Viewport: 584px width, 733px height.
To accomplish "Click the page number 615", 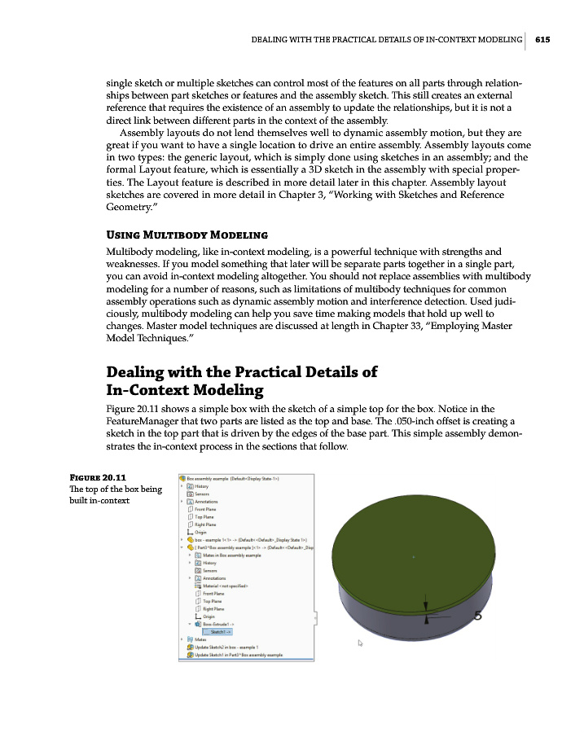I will point(543,38).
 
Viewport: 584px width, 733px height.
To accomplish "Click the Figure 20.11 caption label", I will point(90,476).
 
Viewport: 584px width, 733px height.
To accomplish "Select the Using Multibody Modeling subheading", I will point(176,235).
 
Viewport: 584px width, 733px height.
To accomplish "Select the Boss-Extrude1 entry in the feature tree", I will point(217,624).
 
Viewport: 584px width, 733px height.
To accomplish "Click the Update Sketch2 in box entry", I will point(235,647).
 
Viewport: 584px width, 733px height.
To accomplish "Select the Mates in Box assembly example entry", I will point(231,555).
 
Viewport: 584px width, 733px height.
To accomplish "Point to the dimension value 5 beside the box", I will point(478,617).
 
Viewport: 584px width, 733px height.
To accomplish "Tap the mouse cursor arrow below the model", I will point(359,643).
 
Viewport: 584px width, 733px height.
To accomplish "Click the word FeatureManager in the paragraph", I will point(145,421).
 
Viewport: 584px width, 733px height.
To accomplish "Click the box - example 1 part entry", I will point(244,539).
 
